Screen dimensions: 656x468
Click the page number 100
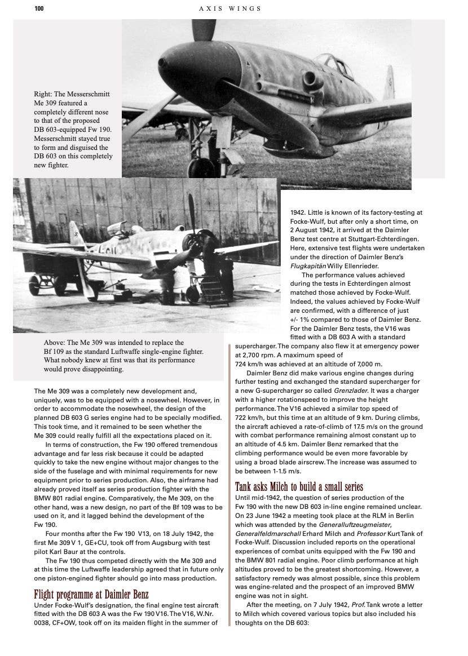[39, 8]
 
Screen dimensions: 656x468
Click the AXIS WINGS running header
[230, 8]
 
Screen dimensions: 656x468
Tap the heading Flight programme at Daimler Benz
[91, 595]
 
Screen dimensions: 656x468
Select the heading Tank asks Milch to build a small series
[299, 486]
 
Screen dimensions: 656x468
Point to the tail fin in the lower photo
[77, 232]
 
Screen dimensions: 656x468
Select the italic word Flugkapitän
[310, 266]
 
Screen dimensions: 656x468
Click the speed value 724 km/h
[250, 364]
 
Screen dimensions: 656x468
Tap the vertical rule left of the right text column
[229, 485]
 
